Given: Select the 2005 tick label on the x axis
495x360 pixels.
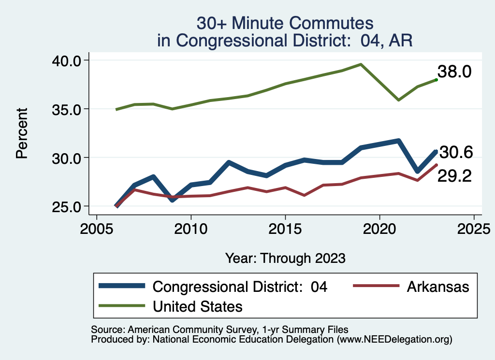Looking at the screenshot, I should [x=97, y=228].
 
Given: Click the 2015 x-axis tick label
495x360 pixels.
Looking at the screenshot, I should [x=285, y=228].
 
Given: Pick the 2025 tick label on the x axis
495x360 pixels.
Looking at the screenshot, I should [x=474, y=228].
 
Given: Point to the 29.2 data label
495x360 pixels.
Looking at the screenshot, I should [x=454, y=176].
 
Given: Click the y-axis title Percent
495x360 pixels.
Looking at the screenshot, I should [x=21, y=133].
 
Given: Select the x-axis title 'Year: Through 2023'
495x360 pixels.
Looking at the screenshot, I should [x=285, y=258].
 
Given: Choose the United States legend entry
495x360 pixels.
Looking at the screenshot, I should [x=198, y=306].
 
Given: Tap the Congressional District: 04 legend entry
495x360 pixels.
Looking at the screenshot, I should [x=240, y=287].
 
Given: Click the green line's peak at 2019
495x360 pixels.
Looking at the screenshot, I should [x=361, y=64].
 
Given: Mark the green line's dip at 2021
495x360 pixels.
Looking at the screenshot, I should [x=398, y=100].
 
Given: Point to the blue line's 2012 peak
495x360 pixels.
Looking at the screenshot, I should [x=229, y=162].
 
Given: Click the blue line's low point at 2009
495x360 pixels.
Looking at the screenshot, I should [x=172, y=200].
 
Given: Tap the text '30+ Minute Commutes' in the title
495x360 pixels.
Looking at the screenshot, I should [x=285, y=23].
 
